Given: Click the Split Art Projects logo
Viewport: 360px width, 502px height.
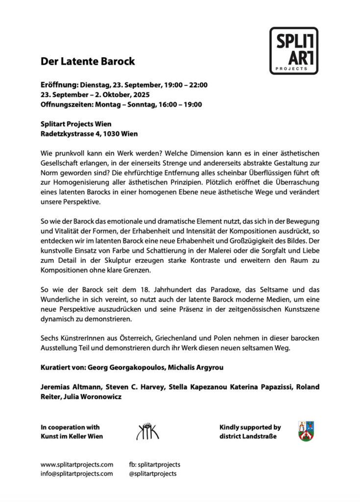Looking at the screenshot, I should coord(293,51).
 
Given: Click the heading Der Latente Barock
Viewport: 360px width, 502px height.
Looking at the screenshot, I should coord(88,62).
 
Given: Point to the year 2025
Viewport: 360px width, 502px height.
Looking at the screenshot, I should coord(140,95).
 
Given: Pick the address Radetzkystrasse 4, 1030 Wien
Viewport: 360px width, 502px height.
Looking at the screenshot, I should coord(89,133).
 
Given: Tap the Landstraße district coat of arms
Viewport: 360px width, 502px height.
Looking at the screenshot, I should coord(306,431).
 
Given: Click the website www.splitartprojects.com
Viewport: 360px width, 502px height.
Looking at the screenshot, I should coord(77,464).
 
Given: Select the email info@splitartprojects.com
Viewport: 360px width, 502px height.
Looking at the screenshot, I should coord(77,474).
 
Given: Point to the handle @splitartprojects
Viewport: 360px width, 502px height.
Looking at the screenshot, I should coord(153,474).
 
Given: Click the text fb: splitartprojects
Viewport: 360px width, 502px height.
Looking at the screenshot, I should coord(155,464).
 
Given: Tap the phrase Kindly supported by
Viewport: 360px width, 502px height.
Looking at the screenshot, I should coord(250,427).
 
